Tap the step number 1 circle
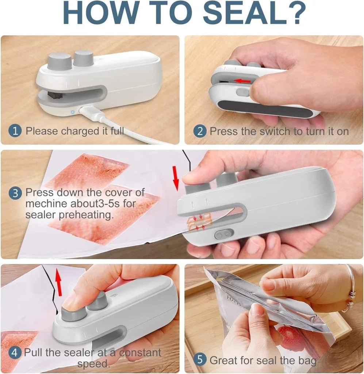15,131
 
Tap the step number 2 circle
199,131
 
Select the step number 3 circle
15,193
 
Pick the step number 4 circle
15,353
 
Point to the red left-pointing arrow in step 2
242,80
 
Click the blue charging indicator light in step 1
73,111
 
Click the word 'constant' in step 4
140,353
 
